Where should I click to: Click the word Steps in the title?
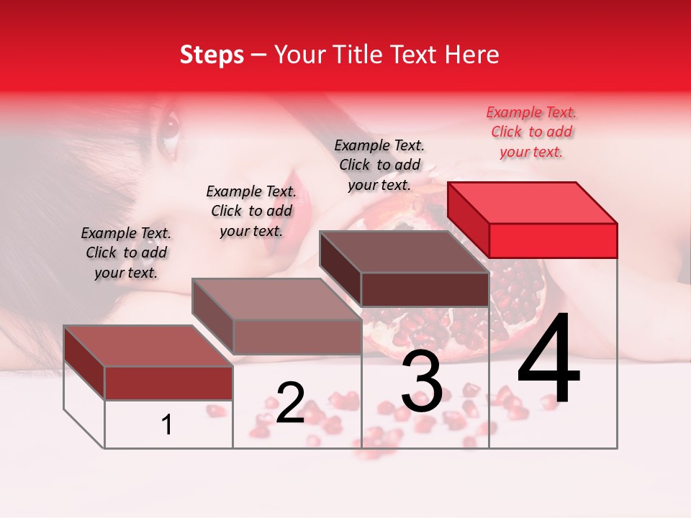click(x=212, y=55)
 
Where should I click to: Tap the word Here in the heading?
click(x=471, y=55)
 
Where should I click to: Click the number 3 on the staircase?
click(x=422, y=383)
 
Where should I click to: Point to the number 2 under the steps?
click(x=290, y=403)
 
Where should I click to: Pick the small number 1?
click(x=167, y=425)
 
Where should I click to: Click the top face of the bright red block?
click(x=531, y=203)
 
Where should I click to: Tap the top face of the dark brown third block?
click(x=403, y=252)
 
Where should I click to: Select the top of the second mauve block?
click(x=276, y=299)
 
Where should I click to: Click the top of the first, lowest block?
click(x=148, y=346)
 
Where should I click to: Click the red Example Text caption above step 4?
click(x=531, y=132)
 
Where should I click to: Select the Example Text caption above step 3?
click(x=379, y=165)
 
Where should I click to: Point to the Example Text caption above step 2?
click(x=251, y=211)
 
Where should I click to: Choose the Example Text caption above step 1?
click(x=126, y=253)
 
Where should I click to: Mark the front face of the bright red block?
click(x=553, y=240)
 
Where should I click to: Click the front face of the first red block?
click(x=168, y=383)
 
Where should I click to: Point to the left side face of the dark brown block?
click(x=340, y=268)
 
